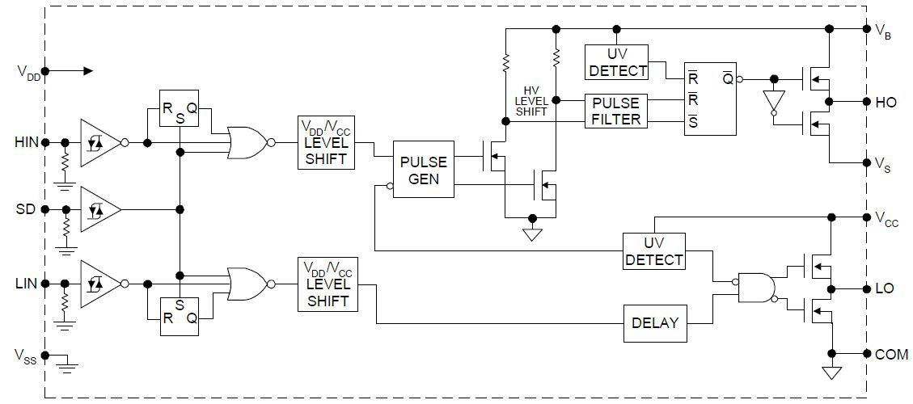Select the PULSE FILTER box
tap(616, 112)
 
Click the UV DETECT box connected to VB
tap(617, 62)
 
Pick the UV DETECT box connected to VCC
tap(653, 251)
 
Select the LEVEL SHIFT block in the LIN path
tap(326, 284)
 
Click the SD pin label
tap(26, 209)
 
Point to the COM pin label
tap(890, 355)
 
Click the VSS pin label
tap(25, 355)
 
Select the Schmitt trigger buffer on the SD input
tap(99, 209)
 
